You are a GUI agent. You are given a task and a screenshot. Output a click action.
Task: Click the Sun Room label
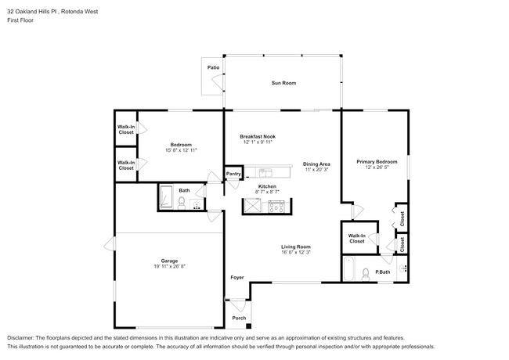[x=283, y=83]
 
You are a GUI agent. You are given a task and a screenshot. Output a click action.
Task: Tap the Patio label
[x=213, y=68]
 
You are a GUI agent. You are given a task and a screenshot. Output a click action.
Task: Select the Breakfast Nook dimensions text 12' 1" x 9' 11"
[x=258, y=142]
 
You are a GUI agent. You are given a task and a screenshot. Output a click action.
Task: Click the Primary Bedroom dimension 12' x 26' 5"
[x=373, y=167]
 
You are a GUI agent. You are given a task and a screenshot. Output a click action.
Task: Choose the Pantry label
[x=233, y=174]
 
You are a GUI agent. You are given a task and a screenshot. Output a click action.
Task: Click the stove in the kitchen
[x=276, y=206]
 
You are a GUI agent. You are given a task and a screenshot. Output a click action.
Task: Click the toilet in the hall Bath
[x=182, y=203]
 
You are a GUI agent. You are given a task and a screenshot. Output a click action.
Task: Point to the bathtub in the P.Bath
[x=348, y=273]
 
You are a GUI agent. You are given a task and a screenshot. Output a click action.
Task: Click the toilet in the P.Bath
[x=366, y=274]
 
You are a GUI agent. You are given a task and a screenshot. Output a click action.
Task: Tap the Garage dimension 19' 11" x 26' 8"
[x=169, y=267]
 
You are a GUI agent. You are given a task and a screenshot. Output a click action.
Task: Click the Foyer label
[x=236, y=278]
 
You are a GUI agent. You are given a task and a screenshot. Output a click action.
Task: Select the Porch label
[x=239, y=318]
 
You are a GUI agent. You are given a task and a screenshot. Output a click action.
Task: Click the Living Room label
[x=297, y=247]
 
